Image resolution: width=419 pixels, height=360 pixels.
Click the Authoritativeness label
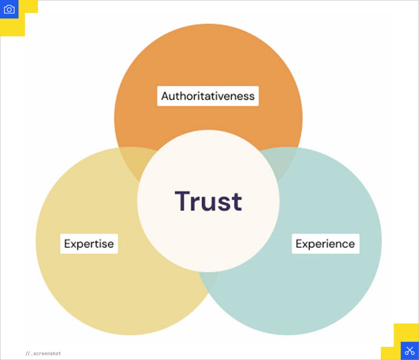coord(208,96)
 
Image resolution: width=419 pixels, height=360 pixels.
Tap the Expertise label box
coord(89,244)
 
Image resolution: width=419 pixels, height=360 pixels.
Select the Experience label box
coord(325,244)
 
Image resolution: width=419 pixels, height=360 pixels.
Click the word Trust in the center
coord(208,201)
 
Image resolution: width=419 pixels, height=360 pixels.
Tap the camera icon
coord(9,9)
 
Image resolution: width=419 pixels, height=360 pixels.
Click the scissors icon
coord(410,351)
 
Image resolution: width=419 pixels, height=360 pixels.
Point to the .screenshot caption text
coord(46,353)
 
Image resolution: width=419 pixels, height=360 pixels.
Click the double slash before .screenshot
coord(27,353)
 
